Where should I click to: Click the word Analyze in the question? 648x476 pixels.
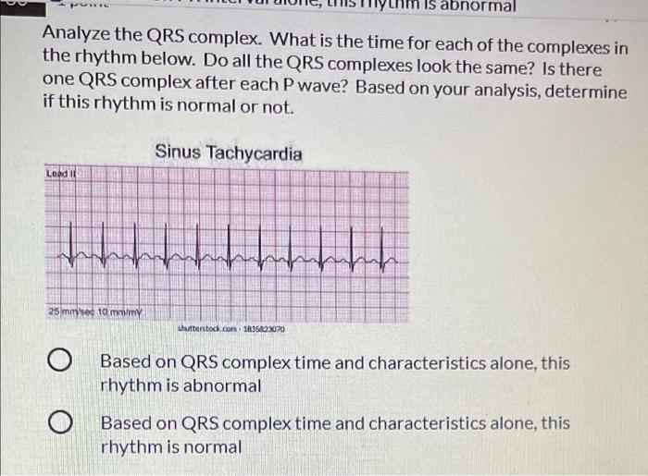tap(77, 36)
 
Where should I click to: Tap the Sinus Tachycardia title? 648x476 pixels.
tap(228, 152)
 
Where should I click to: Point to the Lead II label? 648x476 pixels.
tap(62, 173)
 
